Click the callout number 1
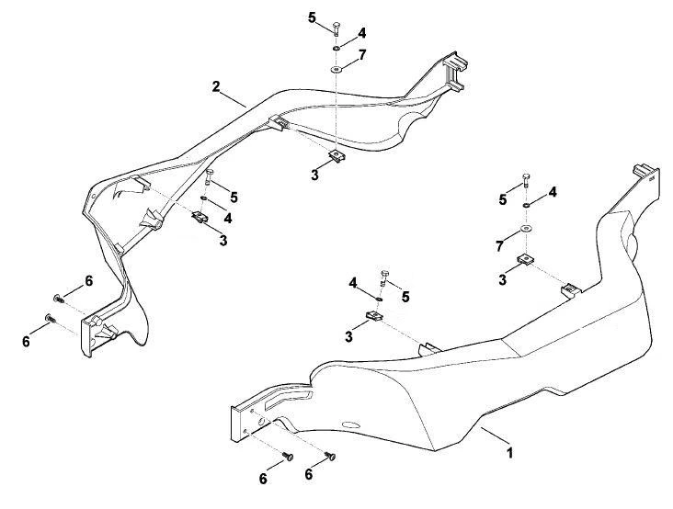pos(509,452)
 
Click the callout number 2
pos(216,86)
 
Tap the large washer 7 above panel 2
pos(336,69)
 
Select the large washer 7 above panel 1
pos(525,228)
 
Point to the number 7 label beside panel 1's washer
pos(499,246)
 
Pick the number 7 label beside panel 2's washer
pos(362,55)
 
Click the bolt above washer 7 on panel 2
pos(336,28)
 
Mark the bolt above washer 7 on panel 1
pos(526,181)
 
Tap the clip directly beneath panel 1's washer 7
pos(525,259)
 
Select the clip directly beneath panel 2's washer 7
pos(336,155)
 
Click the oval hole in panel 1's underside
pos(351,425)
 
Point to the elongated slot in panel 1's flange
pos(288,399)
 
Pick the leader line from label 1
pos(495,435)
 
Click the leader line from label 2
pos(234,99)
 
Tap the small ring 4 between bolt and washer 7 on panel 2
pos(336,48)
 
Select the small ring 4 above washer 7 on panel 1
pos(525,206)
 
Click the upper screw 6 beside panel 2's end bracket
pos(58,298)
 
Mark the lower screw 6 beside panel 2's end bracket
pos(50,319)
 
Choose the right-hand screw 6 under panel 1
pos(330,456)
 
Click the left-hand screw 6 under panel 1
pos(288,457)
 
